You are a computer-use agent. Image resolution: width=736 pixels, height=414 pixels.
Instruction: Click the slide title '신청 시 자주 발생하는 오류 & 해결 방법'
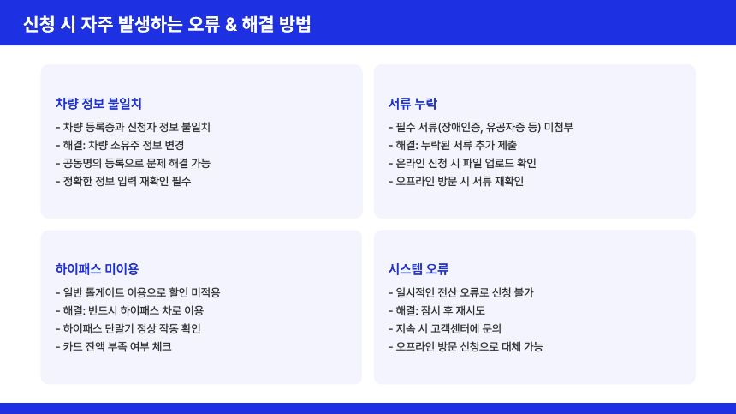167,25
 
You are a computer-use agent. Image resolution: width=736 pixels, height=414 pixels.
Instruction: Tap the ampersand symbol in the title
230,25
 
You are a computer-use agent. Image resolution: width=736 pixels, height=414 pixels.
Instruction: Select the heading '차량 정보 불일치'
98,104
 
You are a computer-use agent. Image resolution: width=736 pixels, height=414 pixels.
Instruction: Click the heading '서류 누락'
413,104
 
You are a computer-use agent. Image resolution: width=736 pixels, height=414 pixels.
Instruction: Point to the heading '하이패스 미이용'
97,269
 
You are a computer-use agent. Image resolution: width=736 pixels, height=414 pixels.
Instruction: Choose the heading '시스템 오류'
418,269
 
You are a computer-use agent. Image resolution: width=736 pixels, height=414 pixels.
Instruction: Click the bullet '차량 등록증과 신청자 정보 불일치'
133,127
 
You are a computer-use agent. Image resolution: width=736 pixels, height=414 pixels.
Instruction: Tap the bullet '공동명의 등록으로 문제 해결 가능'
133,163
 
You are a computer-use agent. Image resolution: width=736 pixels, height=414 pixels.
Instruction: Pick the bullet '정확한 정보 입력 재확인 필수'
123,181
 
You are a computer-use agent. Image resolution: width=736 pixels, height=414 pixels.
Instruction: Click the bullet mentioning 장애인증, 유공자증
480,127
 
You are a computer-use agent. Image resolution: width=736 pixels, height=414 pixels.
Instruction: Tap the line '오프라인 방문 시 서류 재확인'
455,181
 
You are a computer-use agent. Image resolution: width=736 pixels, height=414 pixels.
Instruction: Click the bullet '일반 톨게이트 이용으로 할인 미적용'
138,292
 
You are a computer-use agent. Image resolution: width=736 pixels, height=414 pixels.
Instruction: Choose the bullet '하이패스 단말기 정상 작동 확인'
132,328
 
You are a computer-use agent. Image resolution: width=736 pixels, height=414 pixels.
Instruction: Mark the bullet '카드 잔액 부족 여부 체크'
113,346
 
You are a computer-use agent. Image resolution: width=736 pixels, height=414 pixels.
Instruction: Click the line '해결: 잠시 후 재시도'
436,310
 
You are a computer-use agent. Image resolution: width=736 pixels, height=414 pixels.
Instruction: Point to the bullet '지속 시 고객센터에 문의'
444,328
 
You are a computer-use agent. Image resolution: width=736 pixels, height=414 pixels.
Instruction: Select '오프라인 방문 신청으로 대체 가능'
466,346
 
